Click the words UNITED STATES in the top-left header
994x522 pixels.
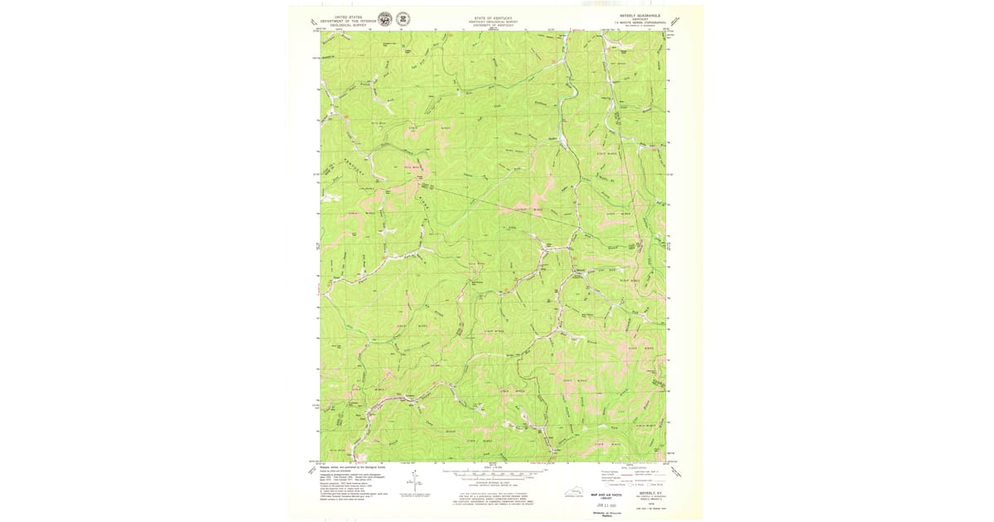point(348,17)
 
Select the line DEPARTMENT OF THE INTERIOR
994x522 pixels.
point(348,21)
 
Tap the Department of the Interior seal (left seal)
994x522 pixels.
point(384,19)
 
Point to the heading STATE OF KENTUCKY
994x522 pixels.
point(492,17)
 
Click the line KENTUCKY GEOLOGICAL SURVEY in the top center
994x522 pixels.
point(492,21)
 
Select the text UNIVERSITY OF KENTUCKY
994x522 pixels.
point(492,25)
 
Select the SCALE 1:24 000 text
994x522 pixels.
point(492,466)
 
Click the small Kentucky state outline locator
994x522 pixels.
point(573,493)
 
